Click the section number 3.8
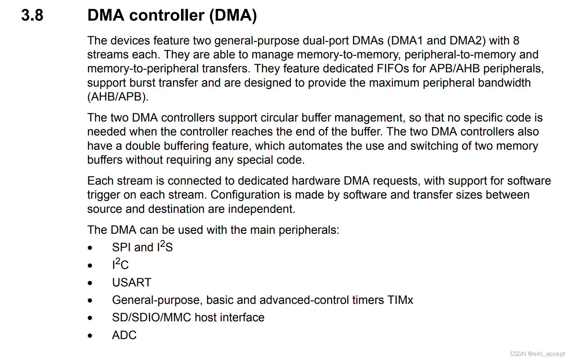tap(32, 15)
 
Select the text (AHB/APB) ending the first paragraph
tap(118, 97)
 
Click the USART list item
tap(132, 283)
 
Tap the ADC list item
tap(124, 335)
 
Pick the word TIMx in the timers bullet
tap(400, 300)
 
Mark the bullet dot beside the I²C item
tap(90, 265)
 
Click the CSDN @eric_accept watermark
tap(537, 354)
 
